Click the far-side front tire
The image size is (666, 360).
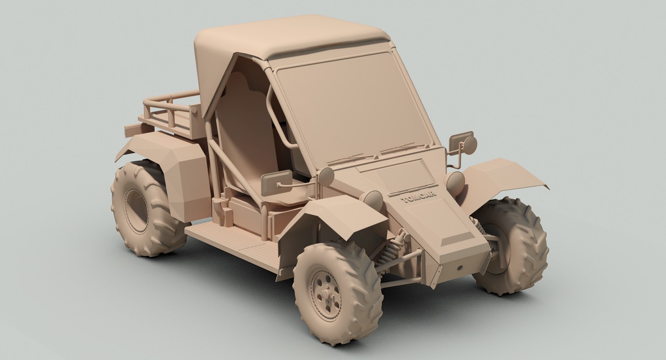point(517,245)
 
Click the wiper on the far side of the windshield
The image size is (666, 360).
point(402,148)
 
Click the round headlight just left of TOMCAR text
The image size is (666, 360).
point(373,200)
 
